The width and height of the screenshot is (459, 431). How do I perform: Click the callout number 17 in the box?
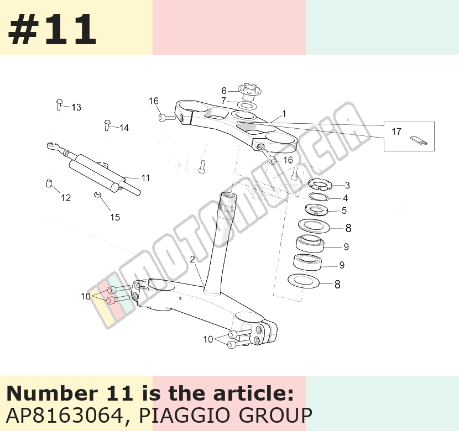coord(397,132)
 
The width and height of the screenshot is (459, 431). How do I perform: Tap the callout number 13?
coord(76,107)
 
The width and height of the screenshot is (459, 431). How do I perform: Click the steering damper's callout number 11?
coord(145,178)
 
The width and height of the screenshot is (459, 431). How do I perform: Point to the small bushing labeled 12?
coord(49,183)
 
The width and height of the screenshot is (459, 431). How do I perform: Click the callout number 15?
coord(115,217)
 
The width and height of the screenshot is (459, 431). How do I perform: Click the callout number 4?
coord(346,198)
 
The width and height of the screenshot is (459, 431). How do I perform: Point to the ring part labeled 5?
coord(316,209)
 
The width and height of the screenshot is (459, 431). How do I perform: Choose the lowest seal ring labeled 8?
coord(304,281)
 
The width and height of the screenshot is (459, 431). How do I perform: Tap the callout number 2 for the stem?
coord(192,259)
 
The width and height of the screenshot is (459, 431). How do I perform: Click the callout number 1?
coord(284,114)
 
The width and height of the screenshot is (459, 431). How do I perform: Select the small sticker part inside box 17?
coord(419,140)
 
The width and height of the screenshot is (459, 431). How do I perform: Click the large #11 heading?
coord(52,29)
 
